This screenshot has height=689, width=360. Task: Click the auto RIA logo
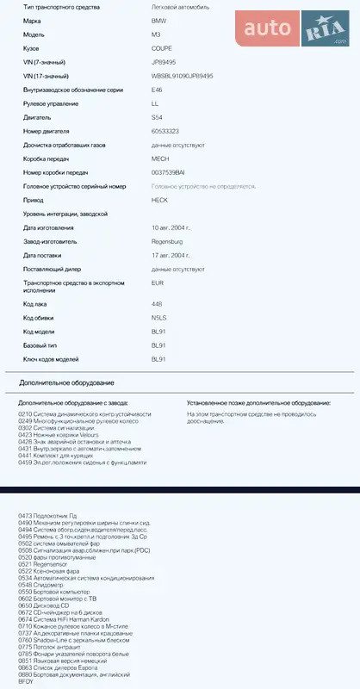294,30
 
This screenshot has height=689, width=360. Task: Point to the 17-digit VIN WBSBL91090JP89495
182,76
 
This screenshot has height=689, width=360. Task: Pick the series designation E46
157,90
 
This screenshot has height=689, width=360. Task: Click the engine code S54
157,117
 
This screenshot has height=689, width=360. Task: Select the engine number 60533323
165,131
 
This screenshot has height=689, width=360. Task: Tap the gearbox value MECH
160,158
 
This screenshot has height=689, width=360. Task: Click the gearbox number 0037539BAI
168,172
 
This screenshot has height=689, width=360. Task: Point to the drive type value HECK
159,199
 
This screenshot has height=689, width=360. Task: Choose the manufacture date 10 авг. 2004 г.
171,227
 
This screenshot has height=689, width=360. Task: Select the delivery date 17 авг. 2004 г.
171,256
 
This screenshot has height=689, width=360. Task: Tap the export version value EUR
158,282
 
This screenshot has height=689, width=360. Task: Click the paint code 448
157,304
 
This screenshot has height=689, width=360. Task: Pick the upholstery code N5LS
158,318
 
